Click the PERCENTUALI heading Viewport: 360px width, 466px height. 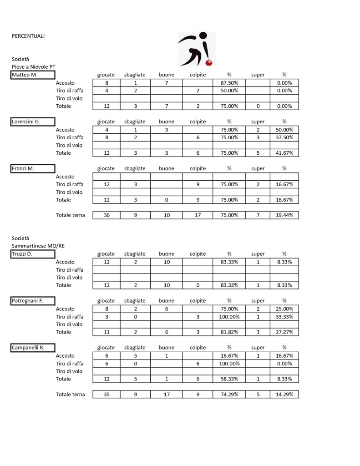coord(28,36)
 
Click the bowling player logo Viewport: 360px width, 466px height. coord(197,49)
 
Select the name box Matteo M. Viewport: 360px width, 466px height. coord(33,75)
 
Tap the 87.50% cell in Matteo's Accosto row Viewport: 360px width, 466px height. coord(229,83)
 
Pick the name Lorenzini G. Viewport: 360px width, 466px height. coord(33,122)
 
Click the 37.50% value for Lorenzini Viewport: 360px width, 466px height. coord(284,137)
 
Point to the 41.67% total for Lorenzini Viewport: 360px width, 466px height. coord(284,153)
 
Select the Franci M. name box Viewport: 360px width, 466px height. coord(33,168)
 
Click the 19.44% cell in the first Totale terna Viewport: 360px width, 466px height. coord(284,215)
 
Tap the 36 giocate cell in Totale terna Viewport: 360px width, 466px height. coord(106,215)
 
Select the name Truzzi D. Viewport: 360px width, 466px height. coord(33,254)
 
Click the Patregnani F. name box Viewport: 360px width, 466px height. coord(33,301)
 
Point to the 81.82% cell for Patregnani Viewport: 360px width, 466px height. coord(229,332)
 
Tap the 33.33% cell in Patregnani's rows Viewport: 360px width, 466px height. coord(284,317)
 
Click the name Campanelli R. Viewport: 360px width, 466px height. coord(33,348)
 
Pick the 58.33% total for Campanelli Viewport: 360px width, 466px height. coord(229,379)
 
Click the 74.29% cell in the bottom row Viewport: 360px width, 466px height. coord(229,395)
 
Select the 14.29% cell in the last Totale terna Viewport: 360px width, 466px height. coord(284,395)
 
